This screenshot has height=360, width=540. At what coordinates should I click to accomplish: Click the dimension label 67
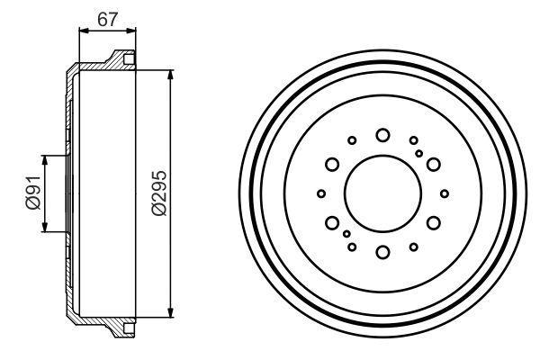pyautogui.click(x=107, y=19)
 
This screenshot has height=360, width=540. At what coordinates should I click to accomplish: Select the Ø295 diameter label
pyautogui.click(x=159, y=193)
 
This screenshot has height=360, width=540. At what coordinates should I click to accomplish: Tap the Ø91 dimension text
pyautogui.click(x=33, y=193)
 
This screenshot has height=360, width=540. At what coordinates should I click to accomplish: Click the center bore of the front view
pyautogui.click(x=383, y=193)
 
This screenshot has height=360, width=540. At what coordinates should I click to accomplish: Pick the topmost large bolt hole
pyautogui.click(x=382, y=135)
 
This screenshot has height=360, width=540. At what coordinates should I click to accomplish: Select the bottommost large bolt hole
pyautogui.click(x=382, y=252)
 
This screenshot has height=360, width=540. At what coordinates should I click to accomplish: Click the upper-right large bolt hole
pyautogui.click(x=433, y=165)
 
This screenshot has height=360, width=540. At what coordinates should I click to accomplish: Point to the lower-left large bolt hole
pyautogui.click(x=332, y=223)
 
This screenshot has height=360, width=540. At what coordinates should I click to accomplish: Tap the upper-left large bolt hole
pyautogui.click(x=332, y=165)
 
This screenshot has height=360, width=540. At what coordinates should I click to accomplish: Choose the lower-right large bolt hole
pyautogui.click(x=433, y=223)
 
